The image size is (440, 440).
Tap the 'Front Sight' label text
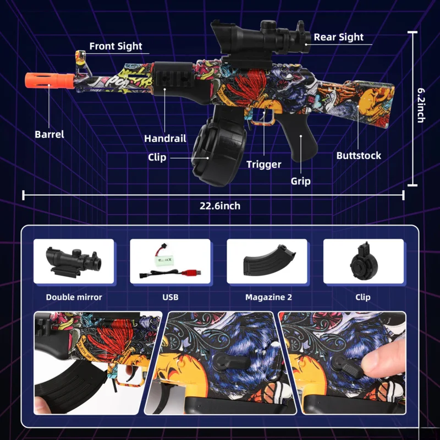click(x=116, y=46)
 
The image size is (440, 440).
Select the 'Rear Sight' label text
click(x=338, y=37)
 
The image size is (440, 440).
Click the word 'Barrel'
click(x=50, y=134)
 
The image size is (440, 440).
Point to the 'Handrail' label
click(x=165, y=139)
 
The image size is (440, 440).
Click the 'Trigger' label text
click(x=263, y=164)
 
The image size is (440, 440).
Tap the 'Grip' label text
click(x=300, y=181)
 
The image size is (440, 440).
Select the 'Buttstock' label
click(x=359, y=156)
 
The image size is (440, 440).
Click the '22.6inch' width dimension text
click(x=220, y=206)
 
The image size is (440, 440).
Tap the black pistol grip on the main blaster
click(x=304, y=146)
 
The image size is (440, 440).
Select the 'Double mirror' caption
click(x=74, y=298)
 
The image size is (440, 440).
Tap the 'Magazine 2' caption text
click(x=268, y=298)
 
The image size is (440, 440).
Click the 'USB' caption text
click(x=170, y=298)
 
